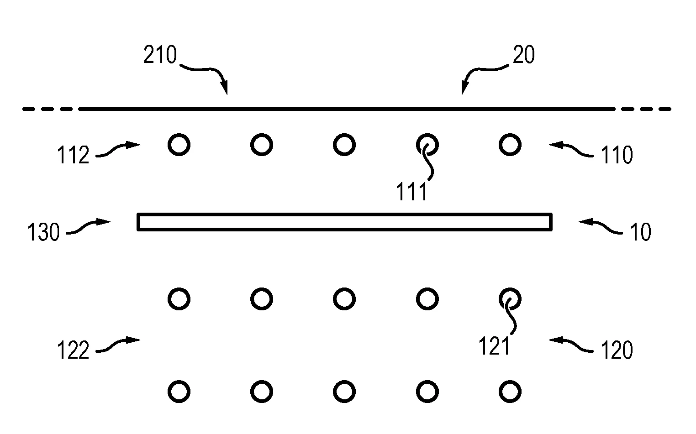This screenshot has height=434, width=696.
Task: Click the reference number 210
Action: pos(160,55)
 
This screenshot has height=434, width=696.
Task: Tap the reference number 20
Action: pos(523,55)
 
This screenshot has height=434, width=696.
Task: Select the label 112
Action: pos(73,155)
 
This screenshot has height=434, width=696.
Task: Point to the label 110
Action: pos(617,155)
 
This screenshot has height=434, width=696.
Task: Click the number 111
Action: pos(411,192)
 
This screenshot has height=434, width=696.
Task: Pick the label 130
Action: pos(43,232)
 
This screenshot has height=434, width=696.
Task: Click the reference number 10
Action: pos(640,232)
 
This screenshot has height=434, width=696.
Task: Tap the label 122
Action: pos(73,350)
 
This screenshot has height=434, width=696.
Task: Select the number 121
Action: pos(494,346)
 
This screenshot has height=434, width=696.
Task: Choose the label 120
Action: pos(617,350)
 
